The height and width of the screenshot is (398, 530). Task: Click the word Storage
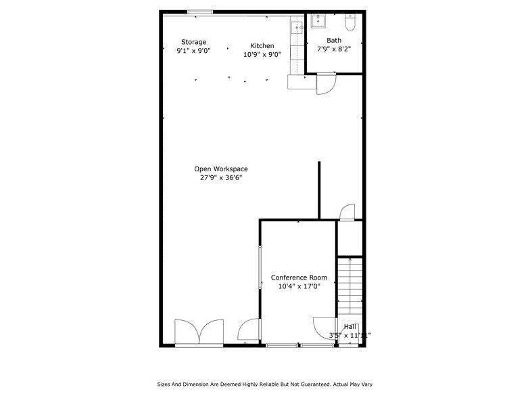pos(193,42)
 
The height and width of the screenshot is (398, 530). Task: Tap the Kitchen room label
pos(262,46)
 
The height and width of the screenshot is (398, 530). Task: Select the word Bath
pos(334,41)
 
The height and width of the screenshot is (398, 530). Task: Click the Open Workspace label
pos(221,169)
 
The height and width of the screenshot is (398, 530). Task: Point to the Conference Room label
pos(299,278)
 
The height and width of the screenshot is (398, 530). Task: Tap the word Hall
pos(350,326)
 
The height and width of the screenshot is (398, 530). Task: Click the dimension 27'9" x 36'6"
pos(221,178)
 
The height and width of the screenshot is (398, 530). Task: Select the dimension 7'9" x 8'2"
pos(334,49)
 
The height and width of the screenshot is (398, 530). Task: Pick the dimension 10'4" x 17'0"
pos(299,286)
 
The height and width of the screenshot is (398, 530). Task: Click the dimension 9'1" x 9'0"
pos(193,51)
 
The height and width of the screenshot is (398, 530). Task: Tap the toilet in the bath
pos(350,24)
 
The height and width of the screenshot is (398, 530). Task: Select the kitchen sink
pos(296,28)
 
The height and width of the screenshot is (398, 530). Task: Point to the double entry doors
pos(199,332)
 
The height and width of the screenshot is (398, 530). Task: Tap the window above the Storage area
pos(199,12)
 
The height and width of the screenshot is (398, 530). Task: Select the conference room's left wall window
pos(261,267)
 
